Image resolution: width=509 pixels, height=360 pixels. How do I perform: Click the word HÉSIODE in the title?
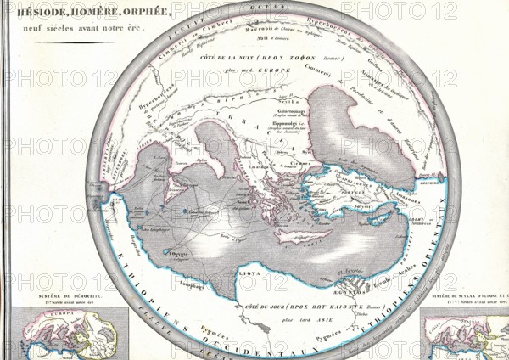(33, 13)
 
